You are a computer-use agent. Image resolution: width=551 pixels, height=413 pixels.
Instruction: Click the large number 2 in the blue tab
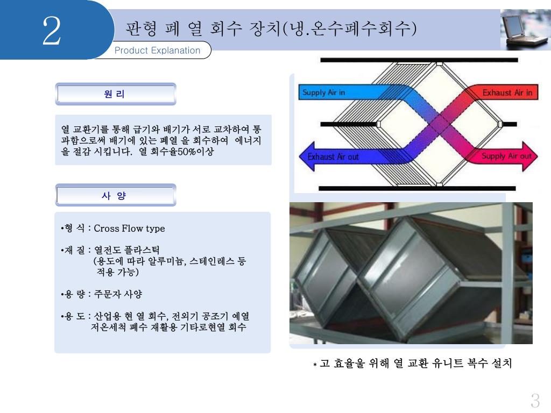(52, 31)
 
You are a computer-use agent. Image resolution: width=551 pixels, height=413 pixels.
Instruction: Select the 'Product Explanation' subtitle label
(157, 51)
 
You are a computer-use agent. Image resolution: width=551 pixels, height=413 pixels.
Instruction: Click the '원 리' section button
(115, 94)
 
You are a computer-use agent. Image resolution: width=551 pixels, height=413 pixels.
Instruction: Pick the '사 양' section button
(115, 195)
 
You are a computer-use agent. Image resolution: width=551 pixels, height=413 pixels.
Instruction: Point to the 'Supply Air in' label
(324, 92)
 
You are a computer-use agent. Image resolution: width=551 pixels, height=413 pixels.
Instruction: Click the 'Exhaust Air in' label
(507, 92)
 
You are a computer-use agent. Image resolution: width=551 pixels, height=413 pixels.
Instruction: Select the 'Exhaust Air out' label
(333, 157)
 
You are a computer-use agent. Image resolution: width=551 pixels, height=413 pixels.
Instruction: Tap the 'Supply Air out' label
(506, 156)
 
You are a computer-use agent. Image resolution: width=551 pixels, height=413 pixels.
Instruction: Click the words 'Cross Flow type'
(129, 229)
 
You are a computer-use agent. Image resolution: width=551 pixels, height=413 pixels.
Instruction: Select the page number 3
(535, 401)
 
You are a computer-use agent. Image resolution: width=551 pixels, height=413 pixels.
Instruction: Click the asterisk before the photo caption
(315, 365)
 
